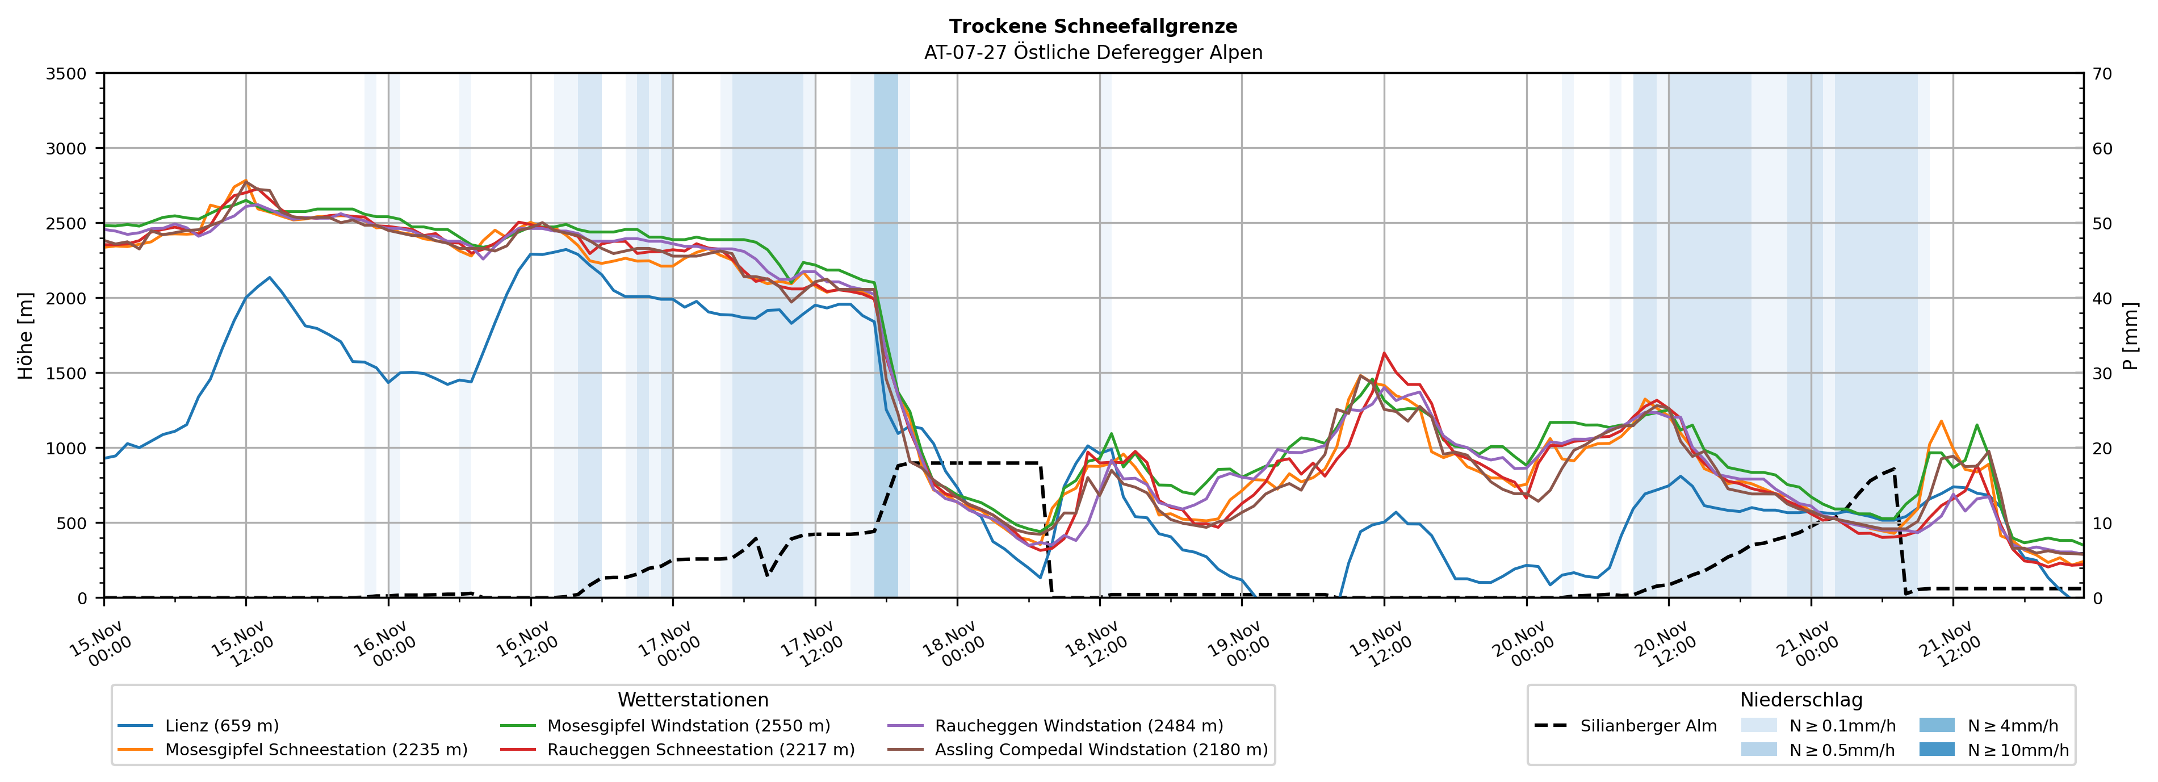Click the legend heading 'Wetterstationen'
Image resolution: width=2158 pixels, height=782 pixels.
(693, 700)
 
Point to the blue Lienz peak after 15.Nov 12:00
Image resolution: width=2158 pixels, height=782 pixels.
(269, 278)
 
